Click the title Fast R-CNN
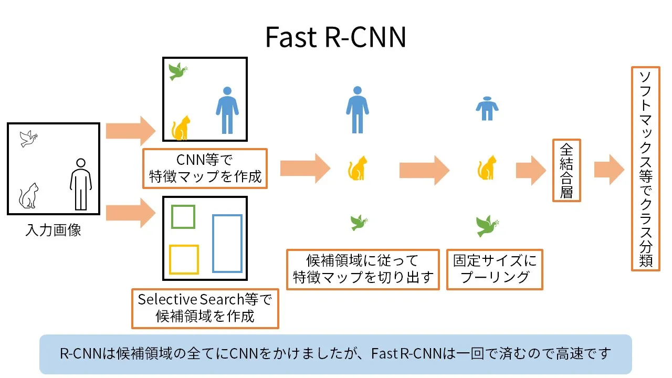coord(335,37)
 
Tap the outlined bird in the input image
coord(29,139)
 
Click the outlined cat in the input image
coord(29,196)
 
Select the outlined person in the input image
coord(81,184)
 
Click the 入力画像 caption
coord(53,230)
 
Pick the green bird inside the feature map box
coord(177,71)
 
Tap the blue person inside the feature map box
coord(227,110)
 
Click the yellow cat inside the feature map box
coord(181,128)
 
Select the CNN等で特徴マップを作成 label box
coord(205,168)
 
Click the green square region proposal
coord(183,217)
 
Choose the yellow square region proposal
coord(184,259)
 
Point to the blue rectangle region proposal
coord(227,244)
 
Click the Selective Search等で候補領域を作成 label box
coord(205,308)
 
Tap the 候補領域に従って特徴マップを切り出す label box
coord(363,269)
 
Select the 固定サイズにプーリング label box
coord(495,269)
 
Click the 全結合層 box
coord(566,170)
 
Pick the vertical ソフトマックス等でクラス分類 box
coord(645,169)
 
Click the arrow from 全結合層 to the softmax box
coord(609,170)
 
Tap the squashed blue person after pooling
coord(487,109)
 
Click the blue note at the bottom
coord(335,354)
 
